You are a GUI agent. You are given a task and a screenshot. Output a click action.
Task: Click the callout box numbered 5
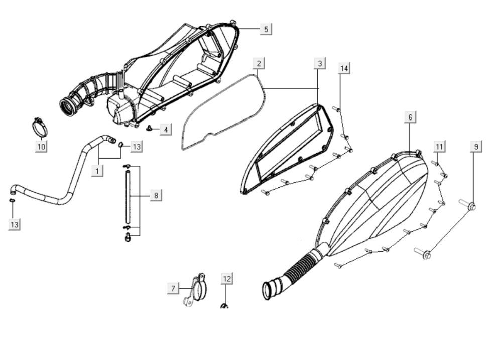266,29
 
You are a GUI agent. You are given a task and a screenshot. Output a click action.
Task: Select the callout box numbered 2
259,63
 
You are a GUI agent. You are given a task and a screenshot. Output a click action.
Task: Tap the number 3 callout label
320,63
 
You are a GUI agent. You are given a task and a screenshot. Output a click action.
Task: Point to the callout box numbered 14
344,68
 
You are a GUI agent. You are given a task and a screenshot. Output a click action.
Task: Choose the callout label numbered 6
410,117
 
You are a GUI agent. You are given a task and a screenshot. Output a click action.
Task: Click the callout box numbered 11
439,146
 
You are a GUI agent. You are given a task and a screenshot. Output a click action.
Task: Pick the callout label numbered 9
476,146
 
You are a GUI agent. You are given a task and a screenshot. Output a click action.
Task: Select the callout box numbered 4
165,130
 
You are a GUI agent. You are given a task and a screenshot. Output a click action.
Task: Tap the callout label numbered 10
41,146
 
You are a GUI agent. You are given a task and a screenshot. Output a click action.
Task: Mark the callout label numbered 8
156,195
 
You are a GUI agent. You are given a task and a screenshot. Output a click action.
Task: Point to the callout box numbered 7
173,288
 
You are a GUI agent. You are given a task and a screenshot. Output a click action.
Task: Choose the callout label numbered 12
227,278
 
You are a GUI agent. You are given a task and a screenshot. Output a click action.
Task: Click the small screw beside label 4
150,129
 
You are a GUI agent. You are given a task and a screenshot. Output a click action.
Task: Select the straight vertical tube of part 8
128,196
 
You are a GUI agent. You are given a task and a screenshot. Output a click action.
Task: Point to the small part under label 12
224,306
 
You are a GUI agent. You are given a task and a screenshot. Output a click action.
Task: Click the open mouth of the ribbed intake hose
270,290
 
